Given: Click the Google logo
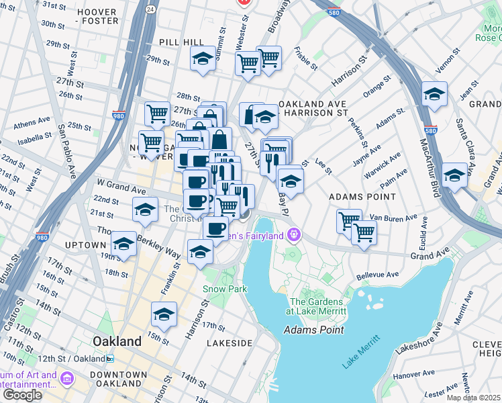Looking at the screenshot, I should (x=21, y=394).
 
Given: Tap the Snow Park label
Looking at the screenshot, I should (x=225, y=289).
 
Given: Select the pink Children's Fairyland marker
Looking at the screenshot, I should (x=293, y=235).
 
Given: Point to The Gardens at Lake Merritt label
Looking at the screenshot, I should (x=317, y=306).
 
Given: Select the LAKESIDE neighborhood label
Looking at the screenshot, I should (x=230, y=343).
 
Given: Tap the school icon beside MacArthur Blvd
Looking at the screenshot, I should (x=434, y=94).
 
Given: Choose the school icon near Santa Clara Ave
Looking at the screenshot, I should (x=455, y=176).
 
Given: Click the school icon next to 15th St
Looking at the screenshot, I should (x=164, y=314).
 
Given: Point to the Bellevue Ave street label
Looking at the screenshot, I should (x=378, y=275).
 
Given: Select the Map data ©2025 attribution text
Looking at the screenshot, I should (x=474, y=398).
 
